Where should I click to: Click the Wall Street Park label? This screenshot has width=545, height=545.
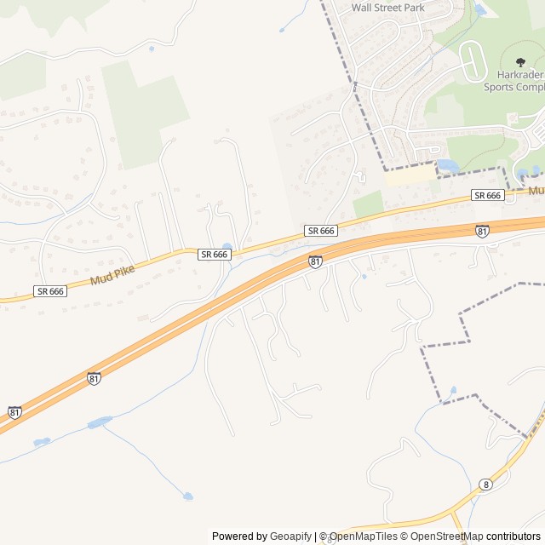[387, 8]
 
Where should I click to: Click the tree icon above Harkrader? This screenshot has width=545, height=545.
[521, 61]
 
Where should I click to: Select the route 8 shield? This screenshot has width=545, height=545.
[485, 485]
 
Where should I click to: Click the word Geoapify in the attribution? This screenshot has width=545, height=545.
[290, 536]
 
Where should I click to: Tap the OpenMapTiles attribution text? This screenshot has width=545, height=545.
[364, 536]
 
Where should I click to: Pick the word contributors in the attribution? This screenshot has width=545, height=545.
[513, 536]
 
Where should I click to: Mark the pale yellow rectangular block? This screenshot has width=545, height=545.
[410, 175]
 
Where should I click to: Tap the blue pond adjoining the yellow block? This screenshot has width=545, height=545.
[447, 165]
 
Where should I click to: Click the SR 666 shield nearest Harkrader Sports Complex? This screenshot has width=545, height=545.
[488, 196]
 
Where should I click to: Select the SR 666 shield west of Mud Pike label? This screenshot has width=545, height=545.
[50, 291]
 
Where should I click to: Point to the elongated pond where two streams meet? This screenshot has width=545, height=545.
[99, 422]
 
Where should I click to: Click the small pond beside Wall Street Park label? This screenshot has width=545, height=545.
[480, 11]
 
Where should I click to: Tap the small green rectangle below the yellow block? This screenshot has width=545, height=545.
[369, 204]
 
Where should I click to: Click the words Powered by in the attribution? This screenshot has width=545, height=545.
[238, 536]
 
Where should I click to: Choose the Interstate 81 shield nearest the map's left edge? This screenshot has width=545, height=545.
[15, 412]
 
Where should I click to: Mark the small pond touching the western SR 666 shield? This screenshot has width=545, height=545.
[227, 248]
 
